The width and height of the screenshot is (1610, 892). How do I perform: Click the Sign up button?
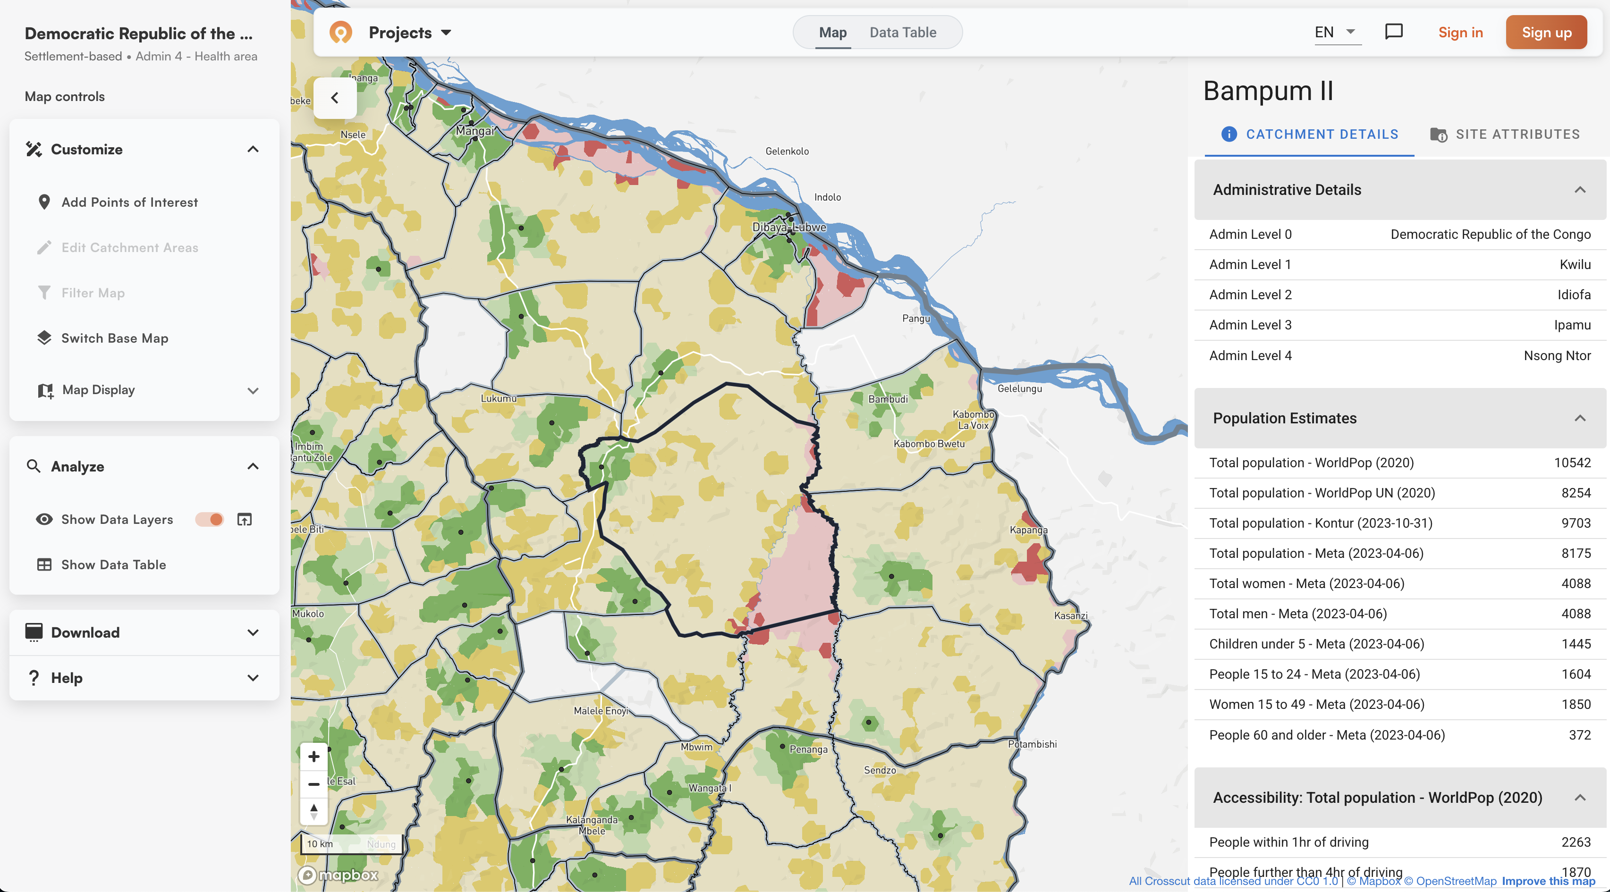tap(1546, 33)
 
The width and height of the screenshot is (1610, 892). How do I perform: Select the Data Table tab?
tap(903, 33)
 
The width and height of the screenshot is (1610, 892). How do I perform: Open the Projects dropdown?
tap(409, 33)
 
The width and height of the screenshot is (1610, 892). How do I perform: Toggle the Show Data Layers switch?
tap(209, 520)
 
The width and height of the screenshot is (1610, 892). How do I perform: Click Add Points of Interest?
tap(129, 202)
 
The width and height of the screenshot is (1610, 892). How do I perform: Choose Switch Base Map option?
tap(114, 338)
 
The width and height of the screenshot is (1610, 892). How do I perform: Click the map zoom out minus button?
tap(314, 784)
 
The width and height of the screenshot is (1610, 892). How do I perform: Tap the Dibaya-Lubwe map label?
tap(789, 227)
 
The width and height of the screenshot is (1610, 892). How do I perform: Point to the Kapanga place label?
tap(1028, 530)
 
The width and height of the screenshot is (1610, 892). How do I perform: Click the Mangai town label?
tap(475, 131)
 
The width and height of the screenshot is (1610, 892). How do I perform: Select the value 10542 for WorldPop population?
tap(1572, 463)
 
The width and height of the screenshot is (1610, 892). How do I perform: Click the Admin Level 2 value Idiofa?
tap(1574, 295)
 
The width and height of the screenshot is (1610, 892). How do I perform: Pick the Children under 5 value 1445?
tap(1576, 644)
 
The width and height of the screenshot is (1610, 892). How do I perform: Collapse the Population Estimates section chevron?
tap(1579, 419)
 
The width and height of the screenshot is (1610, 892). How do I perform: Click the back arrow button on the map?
tap(335, 98)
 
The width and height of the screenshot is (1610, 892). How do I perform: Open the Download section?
tap(144, 633)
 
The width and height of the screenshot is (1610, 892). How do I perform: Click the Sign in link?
tap(1460, 33)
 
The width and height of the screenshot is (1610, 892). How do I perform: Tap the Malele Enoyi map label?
tap(601, 711)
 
